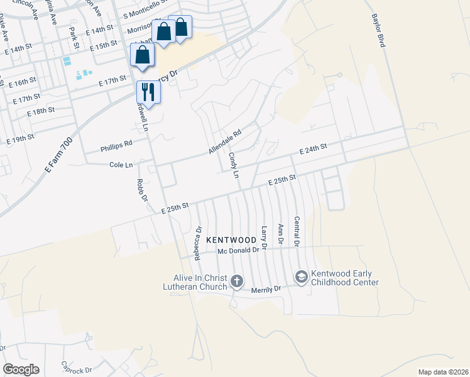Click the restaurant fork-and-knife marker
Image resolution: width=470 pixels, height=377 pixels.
[148, 92]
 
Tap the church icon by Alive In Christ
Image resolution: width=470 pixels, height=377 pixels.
[237, 281]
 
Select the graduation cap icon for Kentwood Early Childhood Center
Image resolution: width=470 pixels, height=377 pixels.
[301, 277]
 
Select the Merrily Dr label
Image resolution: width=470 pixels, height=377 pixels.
[265, 289]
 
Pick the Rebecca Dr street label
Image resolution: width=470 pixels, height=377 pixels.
[197, 244]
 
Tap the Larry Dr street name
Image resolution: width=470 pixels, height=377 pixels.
[264, 238]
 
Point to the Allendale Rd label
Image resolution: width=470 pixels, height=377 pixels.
[225, 143]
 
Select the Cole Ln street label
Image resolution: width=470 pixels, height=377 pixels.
[121, 165]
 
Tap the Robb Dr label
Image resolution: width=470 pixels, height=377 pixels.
[143, 190]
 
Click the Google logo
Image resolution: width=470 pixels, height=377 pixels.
[21, 369]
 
